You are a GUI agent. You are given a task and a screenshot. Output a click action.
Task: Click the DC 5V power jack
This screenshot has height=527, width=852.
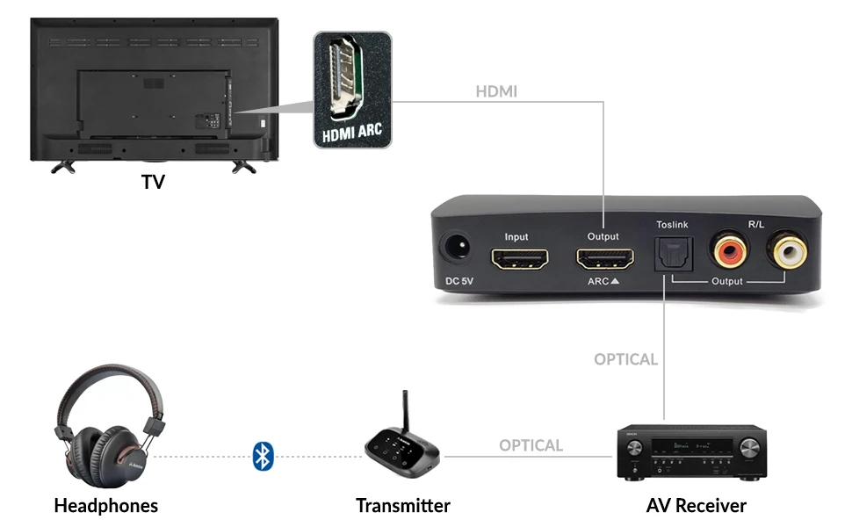point(456,249)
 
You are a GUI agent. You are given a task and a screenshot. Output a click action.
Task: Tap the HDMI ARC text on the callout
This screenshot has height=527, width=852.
point(352,135)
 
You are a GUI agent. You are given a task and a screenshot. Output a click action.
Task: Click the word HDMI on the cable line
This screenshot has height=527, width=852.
point(496,91)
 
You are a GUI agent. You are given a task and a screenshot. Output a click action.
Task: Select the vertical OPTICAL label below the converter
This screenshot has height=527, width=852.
point(625,359)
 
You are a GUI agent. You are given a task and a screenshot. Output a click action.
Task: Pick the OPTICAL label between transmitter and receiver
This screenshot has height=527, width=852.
point(531,445)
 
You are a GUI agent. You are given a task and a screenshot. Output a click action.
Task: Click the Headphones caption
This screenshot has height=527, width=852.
point(105,506)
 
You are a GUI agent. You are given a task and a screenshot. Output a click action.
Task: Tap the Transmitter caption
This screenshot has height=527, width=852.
point(403,506)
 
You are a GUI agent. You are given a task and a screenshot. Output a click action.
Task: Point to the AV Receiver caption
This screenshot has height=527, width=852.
point(697,506)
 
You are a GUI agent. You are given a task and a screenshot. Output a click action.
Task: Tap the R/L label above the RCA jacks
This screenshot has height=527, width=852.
point(756,225)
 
